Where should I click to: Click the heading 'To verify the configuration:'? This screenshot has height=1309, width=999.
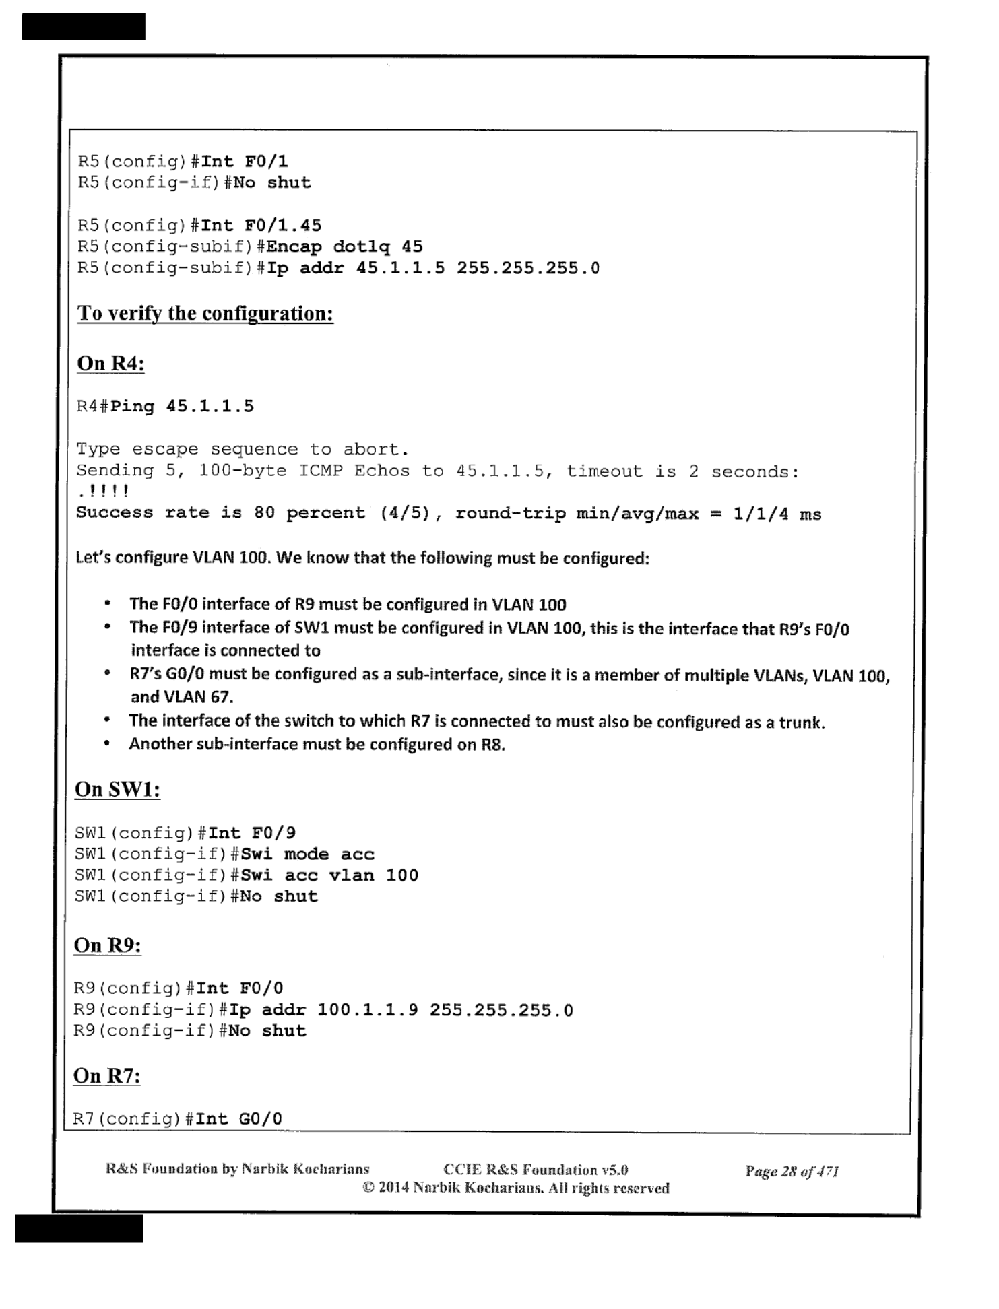coord(205,314)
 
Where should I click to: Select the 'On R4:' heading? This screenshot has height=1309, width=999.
coord(110,364)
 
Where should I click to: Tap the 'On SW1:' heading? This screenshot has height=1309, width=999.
coord(117,789)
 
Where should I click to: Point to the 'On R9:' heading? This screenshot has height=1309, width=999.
coord(107,945)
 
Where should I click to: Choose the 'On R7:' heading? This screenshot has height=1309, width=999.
coord(106,1076)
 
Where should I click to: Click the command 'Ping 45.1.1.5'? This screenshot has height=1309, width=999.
coord(182,407)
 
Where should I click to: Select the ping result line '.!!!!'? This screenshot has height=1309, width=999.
coord(102,492)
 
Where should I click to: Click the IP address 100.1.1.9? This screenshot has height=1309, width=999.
coord(367,1010)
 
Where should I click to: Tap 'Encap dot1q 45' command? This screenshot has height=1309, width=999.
coord(345,247)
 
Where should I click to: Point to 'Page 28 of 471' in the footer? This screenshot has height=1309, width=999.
coord(792,1171)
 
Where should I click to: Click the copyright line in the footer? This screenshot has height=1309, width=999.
coord(515,1188)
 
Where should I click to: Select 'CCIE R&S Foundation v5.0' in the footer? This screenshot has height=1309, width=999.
coord(536,1170)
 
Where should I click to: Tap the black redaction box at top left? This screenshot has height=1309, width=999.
coord(84,27)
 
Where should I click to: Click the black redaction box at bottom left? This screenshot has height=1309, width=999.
coord(79,1228)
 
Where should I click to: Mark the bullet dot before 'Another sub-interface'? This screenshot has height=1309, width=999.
coord(107,744)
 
